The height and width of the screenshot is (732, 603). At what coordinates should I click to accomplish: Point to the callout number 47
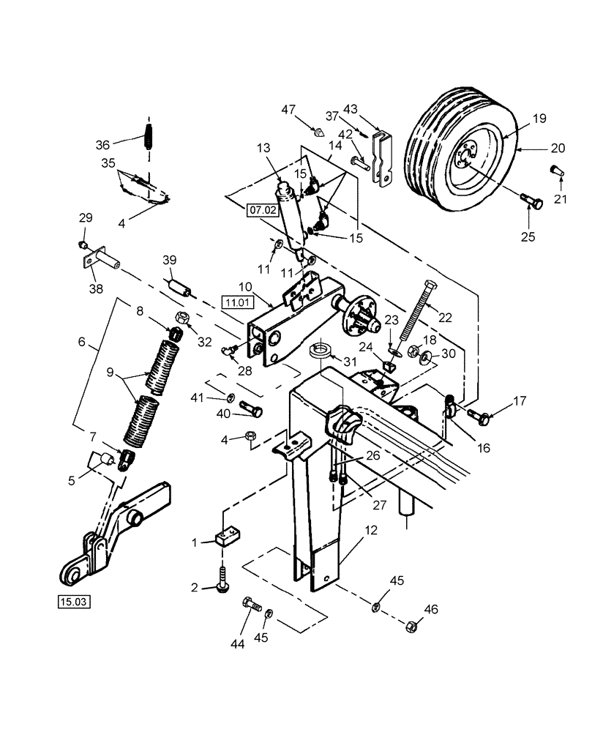(x=290, y=109)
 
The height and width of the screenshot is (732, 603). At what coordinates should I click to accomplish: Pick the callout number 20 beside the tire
(x=558, y=149)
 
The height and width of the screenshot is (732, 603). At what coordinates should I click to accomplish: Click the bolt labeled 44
(x=250, y=605)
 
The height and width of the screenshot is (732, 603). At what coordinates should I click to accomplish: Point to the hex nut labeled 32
(x=183, y=318)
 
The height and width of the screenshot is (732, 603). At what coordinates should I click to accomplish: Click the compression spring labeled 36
(x=149, y=138)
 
